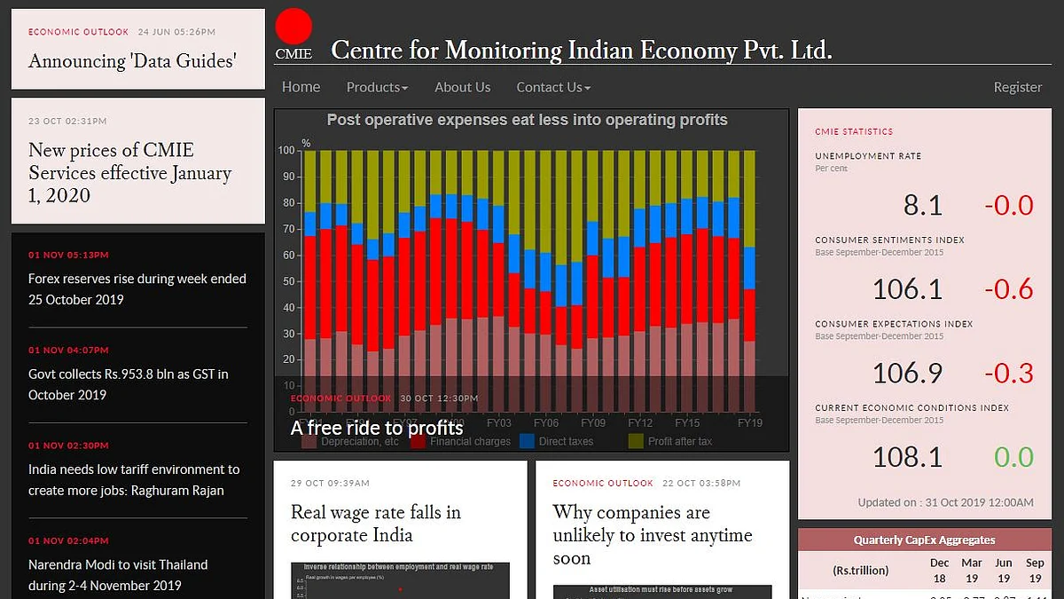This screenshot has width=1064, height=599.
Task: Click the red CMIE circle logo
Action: click(x=293, y=27)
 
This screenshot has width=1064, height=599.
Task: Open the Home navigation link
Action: click(x=301, y=87)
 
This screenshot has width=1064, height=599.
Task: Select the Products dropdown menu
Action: click(x=377, y=87)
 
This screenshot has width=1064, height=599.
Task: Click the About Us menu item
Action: click(x=462, y=87)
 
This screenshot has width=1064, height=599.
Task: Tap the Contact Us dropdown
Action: click(x=553, y=87)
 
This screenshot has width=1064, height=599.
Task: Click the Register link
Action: click(x=1017, y=87)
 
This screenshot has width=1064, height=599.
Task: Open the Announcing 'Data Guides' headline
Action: click(x=132, y=61)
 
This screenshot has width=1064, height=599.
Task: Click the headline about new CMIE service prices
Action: click(x=129, y=173)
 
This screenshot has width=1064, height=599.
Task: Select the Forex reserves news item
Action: click(x=137, y=289)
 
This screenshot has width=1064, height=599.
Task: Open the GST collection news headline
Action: click(x=128, y=384)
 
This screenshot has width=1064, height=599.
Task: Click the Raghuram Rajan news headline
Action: click(x=133, y=480)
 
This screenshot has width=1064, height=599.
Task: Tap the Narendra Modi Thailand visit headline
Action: click(x=118, y=575)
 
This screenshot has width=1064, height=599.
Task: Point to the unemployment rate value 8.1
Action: click(x=922, y=205)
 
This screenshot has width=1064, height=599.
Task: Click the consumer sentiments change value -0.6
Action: click(x=1008, y=289)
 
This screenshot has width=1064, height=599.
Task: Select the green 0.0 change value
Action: click(x=1013, y=457)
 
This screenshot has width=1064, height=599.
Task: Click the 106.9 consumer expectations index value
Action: click(x=907, y=374)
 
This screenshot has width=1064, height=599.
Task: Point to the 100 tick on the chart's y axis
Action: click(x=286, y=151)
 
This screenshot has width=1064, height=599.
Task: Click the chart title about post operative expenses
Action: click(x=527, y=120)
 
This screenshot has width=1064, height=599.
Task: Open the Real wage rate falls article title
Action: click(x=376, y=524)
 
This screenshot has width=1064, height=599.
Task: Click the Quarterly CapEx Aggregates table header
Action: click(x=924, y=540)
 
